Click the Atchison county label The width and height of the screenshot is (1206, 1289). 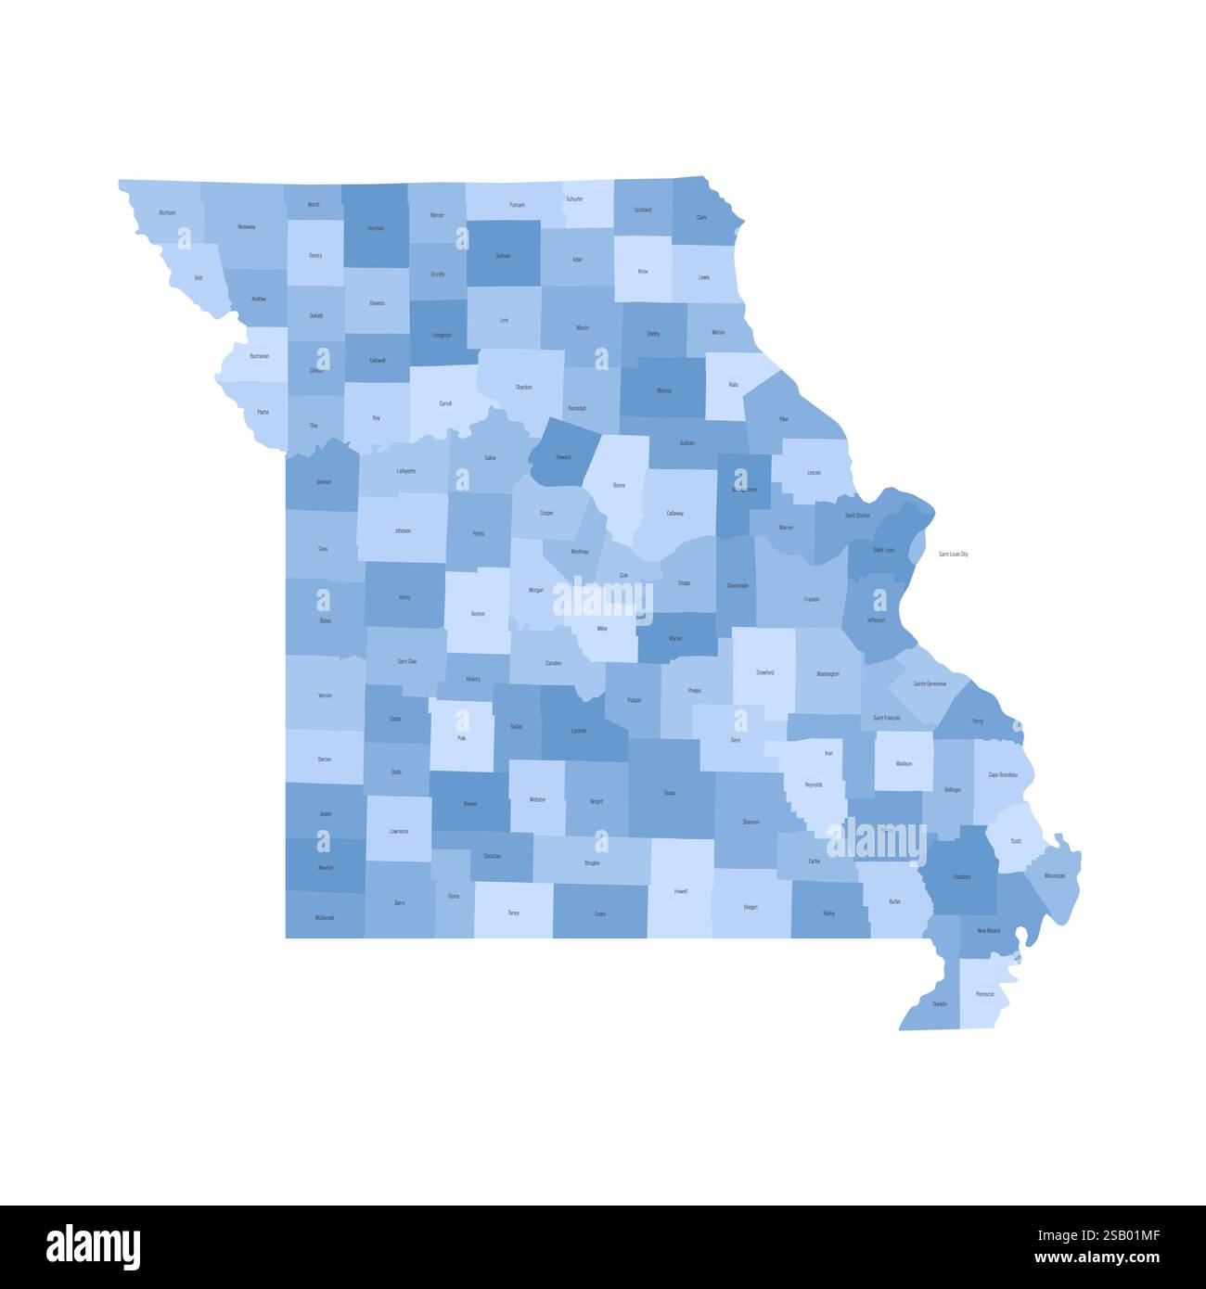tap(167, 212)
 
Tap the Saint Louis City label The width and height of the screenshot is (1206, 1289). tap(953, 555)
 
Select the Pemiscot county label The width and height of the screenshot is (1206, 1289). tap(984, 994)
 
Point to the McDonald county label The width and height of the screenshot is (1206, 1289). tap(325, 917)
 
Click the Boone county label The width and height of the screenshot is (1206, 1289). tap(619, 485)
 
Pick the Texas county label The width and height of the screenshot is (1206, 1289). tap(669, 793)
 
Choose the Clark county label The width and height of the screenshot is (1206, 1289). tap(701, 217)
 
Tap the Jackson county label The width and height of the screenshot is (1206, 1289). tap(323, 481)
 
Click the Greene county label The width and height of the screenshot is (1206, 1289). tap(469, 803)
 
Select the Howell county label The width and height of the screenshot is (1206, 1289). tap(681, 891)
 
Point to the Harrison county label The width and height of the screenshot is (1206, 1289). tap(376, 227)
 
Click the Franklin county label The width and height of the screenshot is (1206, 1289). tap(812, 599)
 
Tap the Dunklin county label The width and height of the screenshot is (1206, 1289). tap(940, 1004)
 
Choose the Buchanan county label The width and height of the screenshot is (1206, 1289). tap(259, 356)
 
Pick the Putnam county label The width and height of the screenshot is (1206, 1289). tap(517, 204)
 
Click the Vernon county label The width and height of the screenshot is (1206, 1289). tap(325, 695)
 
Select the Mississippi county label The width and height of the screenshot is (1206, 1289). tap(1054, 875)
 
